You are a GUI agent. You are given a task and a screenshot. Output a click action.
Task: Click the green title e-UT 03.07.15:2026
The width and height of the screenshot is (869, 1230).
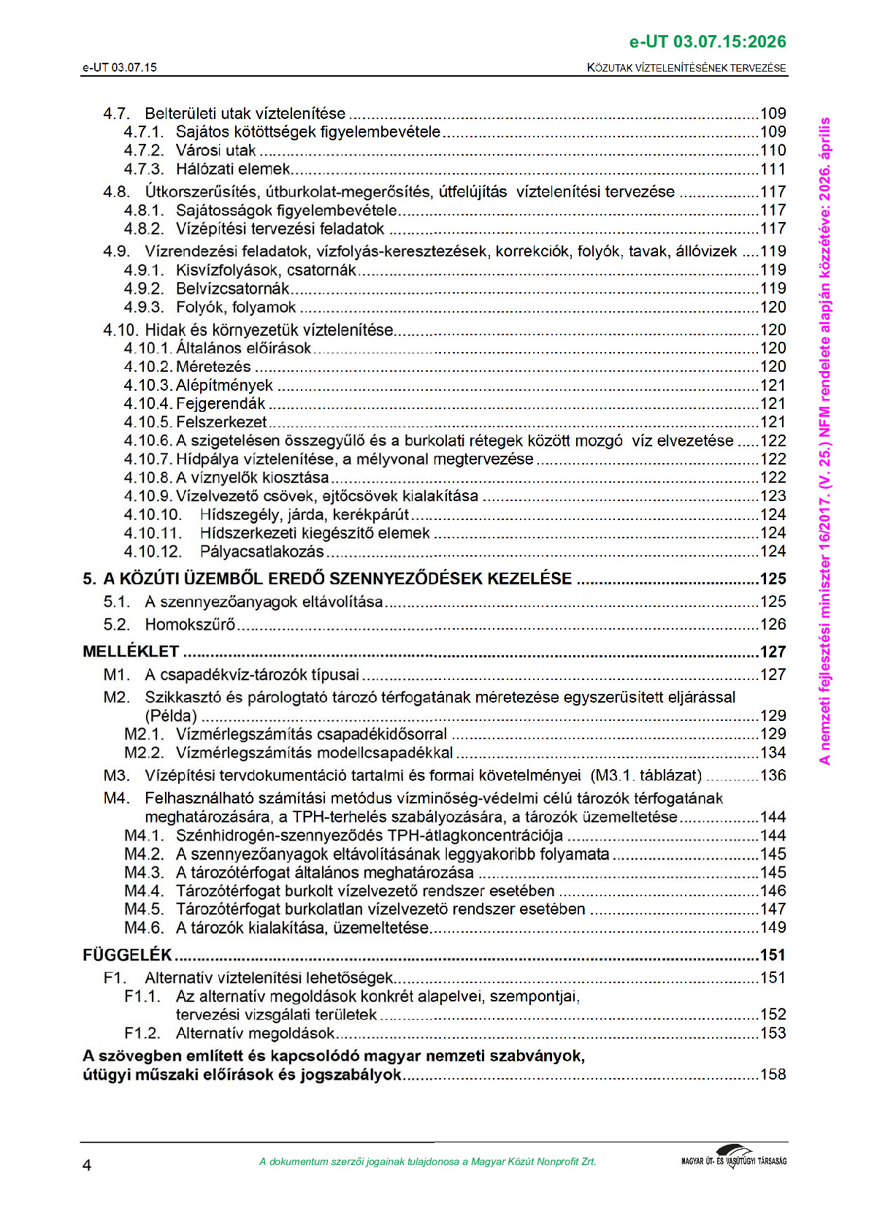tap(707, 42)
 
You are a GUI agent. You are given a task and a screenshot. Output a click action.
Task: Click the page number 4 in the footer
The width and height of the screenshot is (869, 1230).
tap(87, 1165)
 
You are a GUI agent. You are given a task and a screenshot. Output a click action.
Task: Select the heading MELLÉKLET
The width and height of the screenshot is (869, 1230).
tap(131, 652)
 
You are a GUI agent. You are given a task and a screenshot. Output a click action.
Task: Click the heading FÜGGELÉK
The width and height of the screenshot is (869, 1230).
tap(127, 955)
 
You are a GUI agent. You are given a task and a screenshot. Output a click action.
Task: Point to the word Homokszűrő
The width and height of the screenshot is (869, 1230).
tap(190, 624)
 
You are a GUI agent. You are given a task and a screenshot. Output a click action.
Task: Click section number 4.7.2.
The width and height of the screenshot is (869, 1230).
tap(144, 150)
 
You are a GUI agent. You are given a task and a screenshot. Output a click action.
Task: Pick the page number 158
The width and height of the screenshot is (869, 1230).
tap(773, 1074)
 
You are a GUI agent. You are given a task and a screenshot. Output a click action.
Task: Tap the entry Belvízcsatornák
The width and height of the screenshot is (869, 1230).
tap(232, 289)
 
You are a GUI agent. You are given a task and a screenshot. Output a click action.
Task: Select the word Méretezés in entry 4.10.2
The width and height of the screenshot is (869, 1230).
tap(213, 367)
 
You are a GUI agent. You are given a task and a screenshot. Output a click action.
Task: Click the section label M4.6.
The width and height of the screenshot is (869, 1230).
tap(144, 928)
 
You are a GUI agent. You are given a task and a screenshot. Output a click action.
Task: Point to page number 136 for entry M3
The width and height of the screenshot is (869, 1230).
tap(773, 776)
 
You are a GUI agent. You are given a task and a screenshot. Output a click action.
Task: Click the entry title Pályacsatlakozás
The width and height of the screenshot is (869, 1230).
tap(261, 551)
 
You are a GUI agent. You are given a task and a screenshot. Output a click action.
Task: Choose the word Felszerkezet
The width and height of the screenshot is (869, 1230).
tap(221, 422)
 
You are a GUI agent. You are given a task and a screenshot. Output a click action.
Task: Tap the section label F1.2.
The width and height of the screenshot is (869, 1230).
tap(142, 1033)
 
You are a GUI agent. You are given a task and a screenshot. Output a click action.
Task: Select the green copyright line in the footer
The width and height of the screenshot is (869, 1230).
tap(427, 1162)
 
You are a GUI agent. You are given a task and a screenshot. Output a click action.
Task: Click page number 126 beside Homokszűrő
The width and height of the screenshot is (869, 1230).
tap(773, 624)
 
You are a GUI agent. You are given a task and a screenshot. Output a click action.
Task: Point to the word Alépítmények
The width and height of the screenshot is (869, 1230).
tap(224, 386)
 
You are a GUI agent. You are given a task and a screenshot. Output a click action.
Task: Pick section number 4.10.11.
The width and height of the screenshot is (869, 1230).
tap(153, 533)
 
